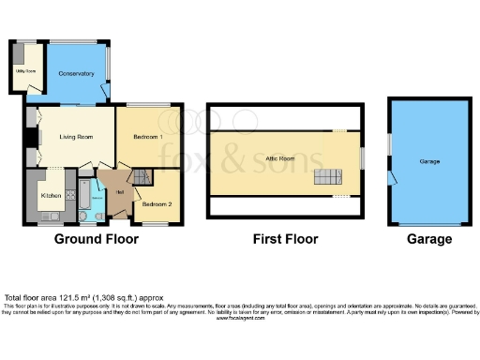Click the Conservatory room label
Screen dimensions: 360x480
click(76, 73)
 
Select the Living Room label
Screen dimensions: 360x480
click(75, 138)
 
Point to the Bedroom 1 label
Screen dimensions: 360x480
click(148, 138)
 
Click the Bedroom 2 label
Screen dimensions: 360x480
click(157, 202)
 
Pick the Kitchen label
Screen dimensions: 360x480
click(51, 195)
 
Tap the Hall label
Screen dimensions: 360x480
click(120, 192)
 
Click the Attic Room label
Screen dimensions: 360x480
click(279, 160)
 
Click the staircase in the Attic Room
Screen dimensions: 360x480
click(329, 178)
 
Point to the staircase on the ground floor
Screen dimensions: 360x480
click(141, 177)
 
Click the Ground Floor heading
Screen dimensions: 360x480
click(96, 239)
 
